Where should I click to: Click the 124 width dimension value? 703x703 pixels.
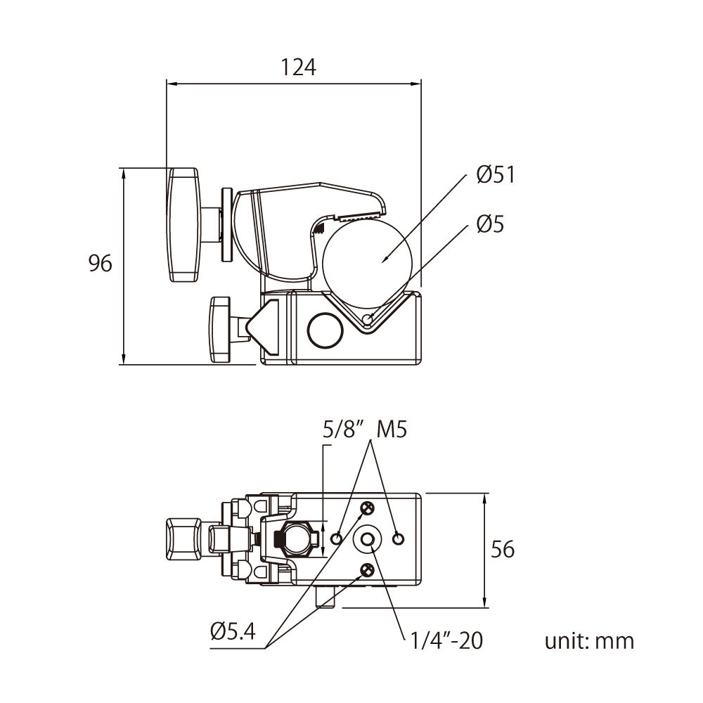coord(299,67)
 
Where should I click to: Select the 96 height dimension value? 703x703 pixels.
coord(101,264)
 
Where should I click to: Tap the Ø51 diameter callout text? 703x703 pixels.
coord(496,174)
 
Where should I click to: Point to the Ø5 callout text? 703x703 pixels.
coord(490,224)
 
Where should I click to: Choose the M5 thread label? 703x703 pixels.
coord(392,430)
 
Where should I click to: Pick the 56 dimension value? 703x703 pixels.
coord(502,549)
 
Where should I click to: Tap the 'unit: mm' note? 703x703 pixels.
coord(589,640)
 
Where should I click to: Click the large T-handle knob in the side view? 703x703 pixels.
coord(185,224)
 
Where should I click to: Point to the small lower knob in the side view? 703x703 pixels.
coord(220,329)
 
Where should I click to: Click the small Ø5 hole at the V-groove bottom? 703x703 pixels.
coord(368,321)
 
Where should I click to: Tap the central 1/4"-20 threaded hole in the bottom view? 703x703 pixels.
coord(368,538)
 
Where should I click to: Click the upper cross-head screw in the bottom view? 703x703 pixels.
coord(367,508)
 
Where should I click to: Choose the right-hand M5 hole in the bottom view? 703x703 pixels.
coord(399,538)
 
